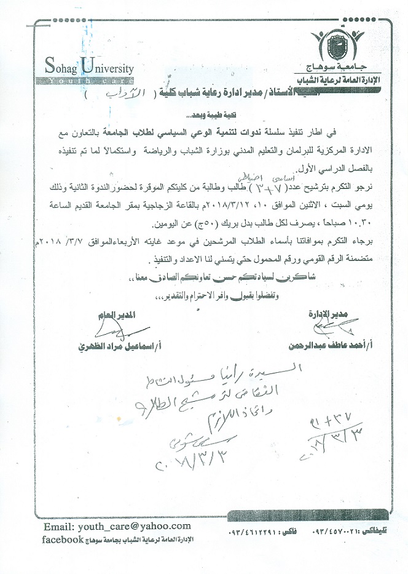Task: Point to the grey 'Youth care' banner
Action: (88, 80)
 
